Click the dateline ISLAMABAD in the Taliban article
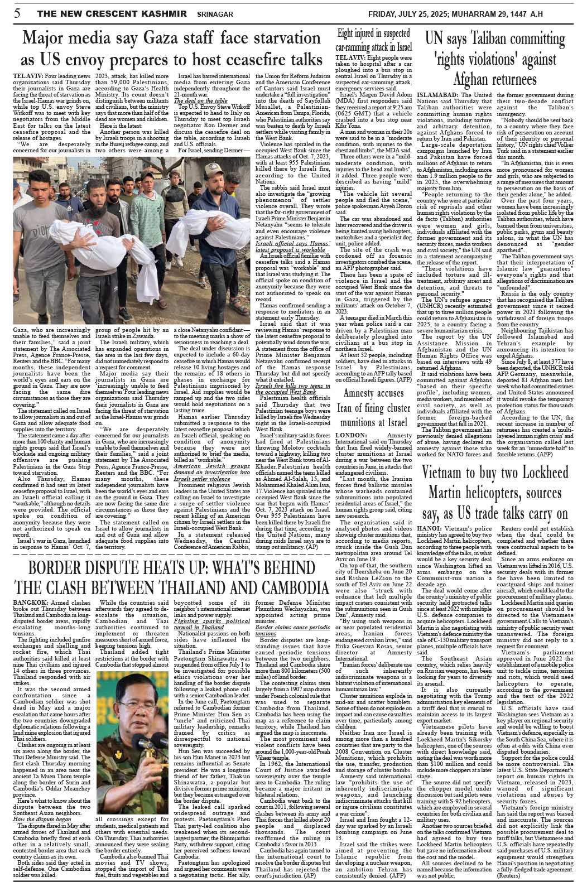point(440,96)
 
